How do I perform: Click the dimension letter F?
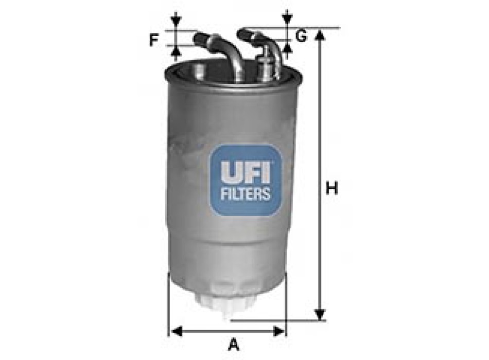coord(153,40)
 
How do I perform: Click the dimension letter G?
coord(302,37)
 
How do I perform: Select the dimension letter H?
coord(332,189)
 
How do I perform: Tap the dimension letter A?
coord(234,343)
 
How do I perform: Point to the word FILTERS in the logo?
coord(245,194)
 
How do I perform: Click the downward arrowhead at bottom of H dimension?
coord(320,314)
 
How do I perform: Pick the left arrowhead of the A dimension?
coord(176,331)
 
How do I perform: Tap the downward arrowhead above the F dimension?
coord(177,22)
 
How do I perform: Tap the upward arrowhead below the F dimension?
coord(177,51)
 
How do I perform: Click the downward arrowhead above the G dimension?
coord(287,19)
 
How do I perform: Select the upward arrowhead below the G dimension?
coord(287,48)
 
